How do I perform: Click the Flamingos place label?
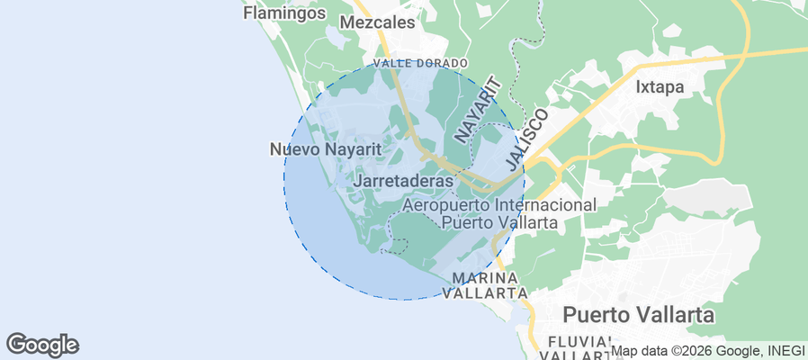pos(283,13)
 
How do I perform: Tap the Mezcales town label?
pos(378,22)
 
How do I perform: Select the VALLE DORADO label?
pos(420,63)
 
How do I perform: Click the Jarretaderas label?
pos(403,181)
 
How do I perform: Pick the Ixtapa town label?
pos(660,87)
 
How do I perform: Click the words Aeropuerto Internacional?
pos(498,205)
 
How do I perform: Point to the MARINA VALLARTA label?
pos(489,285)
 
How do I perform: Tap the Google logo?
pos(42,345)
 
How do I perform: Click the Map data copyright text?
pos(688,351)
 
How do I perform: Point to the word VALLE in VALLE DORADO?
pos(391,63)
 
